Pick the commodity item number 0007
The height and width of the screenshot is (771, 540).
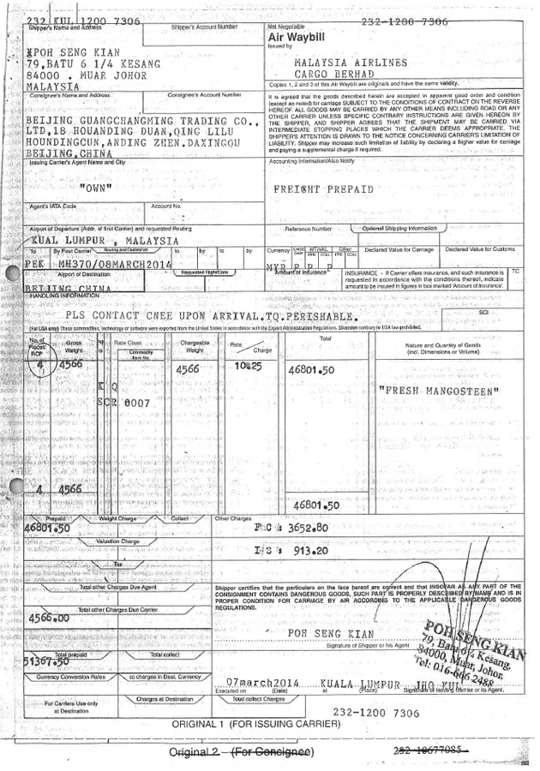tap(137, 401)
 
